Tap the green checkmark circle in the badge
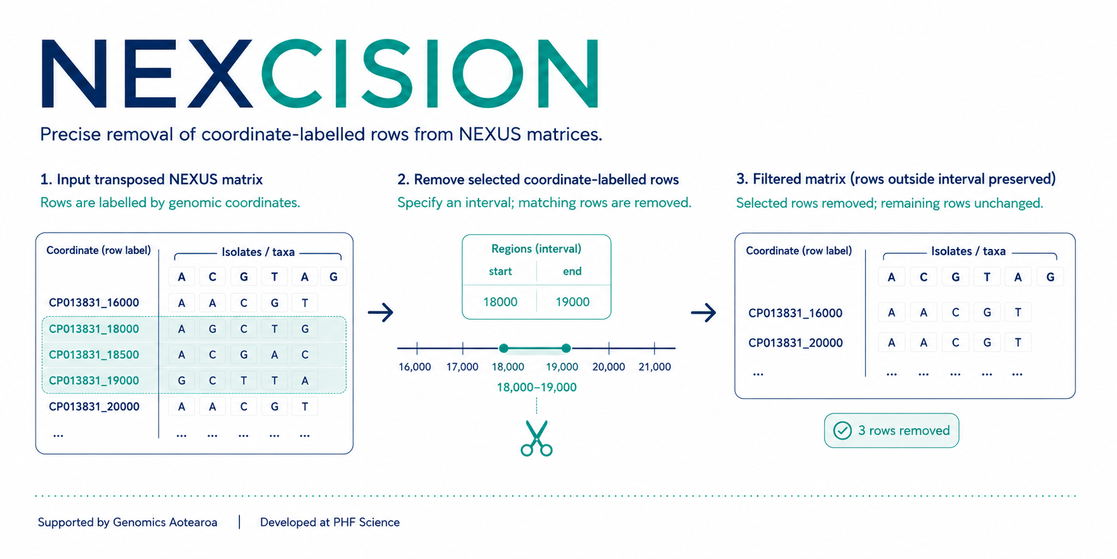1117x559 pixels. pyautogui.click(x=842, y=430)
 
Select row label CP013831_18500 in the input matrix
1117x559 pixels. pyautogui.click(x=94, y=355)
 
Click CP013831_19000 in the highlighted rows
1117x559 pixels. pyautogui.click(x=94, y=381)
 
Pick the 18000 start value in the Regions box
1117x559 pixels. pyautogui.click(x=500, y=302)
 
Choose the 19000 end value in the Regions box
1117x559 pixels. pyautogui.click(x=572, y=302)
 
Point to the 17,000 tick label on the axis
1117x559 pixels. pyautogui.click(x=462, y=367)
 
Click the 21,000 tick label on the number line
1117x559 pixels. pyautogui.click(x=655, y=367)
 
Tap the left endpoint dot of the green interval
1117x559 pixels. pyautogui.click(x=503, y=348)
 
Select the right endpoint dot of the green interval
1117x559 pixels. pyautogui.click(x=566, y=348)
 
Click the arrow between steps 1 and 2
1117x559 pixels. pyautogui.click(x=380, y=312)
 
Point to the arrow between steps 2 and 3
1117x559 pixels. pyautogui.click(x=703, y=312)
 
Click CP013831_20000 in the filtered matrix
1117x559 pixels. pyautogui.click(x=795, y=343)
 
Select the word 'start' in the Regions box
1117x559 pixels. pyautogui.click(x=500, y=272)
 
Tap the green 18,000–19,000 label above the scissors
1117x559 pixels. pyautogui.click(x=536, y=387)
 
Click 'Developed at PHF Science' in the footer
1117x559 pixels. pyautogui.click(x=330, y=522)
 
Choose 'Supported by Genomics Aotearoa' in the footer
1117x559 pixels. pyautogui.click(x=127, y=522)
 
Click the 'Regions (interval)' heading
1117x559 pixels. pyautogui.click(x=536, y=249)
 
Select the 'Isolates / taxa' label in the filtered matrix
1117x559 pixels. pyautogui.click(x=968, y=251)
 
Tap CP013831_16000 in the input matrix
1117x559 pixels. pyautogui.click(x=94, y=303)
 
